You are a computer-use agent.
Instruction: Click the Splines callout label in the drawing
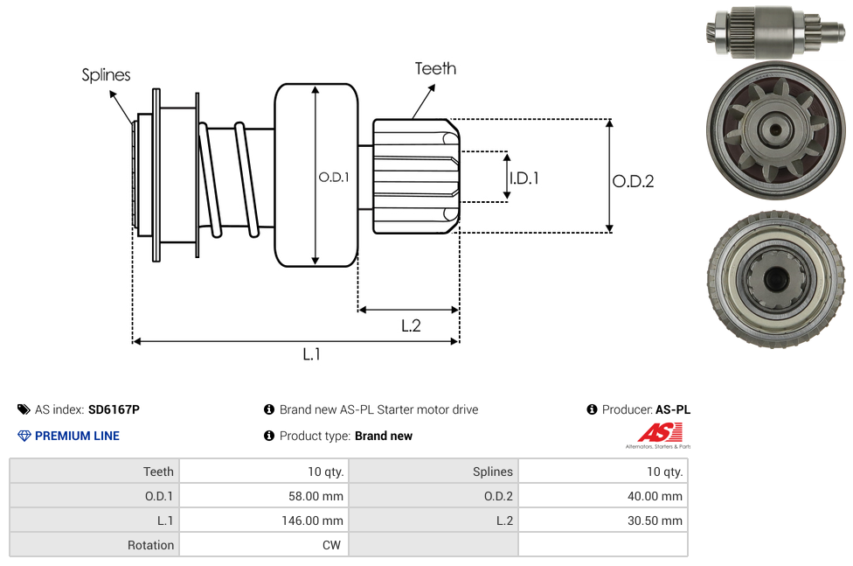(106, 75)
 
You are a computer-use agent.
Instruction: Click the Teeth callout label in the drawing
(435, 68)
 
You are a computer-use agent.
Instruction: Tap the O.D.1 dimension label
(334, 177)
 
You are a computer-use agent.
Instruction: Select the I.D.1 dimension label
(524, 178)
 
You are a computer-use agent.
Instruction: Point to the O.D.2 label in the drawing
(633, 181)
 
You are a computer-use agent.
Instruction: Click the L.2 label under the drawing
(411, 325)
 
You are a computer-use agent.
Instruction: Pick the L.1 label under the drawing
(312, 353)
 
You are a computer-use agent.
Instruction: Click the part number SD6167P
(114, 409)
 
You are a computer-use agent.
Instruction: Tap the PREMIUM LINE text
(77, 436)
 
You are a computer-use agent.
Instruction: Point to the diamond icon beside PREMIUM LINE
(24, 436)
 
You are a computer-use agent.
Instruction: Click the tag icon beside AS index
(24, 409)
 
